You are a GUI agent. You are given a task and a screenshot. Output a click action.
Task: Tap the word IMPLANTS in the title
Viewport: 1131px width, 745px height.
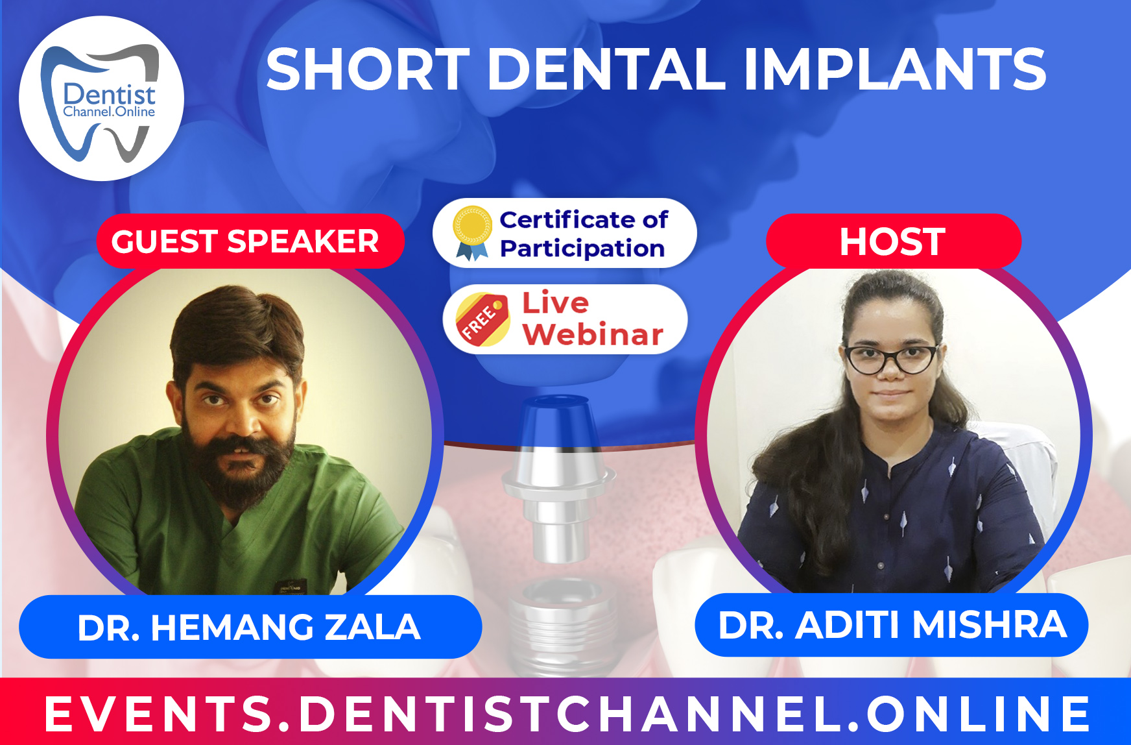[894, 69]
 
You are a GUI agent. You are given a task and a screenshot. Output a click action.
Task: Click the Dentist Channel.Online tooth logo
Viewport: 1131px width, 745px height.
[102, 99]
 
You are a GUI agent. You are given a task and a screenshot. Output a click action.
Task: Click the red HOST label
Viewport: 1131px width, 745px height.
[893, 241]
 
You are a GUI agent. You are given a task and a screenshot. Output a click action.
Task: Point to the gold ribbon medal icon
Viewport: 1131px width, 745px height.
[472, 232]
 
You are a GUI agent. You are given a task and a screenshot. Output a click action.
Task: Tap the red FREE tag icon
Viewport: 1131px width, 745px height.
[482, 319]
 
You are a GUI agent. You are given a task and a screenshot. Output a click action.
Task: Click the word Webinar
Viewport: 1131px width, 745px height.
[593, 335]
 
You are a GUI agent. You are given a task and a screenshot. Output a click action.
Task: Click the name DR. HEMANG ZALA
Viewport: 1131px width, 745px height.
[250, 628]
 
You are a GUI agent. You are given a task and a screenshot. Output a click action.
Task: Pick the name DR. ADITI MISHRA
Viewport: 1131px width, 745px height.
[892, 625]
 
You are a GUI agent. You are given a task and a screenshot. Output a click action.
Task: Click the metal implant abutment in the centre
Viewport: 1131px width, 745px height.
[558, 474]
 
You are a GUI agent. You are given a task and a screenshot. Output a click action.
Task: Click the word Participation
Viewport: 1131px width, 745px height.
[582, 249]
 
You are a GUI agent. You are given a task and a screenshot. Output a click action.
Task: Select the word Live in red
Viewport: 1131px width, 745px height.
[556, 302]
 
